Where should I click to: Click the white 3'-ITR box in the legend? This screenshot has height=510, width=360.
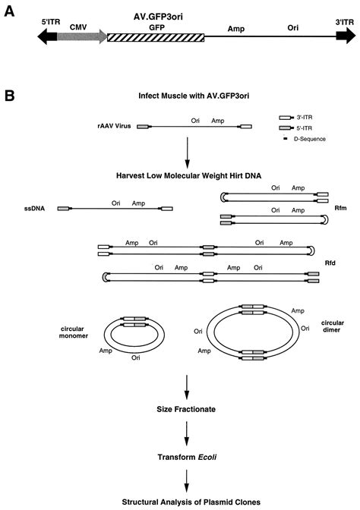click(x=286, y=118)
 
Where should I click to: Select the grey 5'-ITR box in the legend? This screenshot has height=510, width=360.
click(x=286, y=129)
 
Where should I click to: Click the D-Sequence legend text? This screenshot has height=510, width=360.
click(x=315, y=139)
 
